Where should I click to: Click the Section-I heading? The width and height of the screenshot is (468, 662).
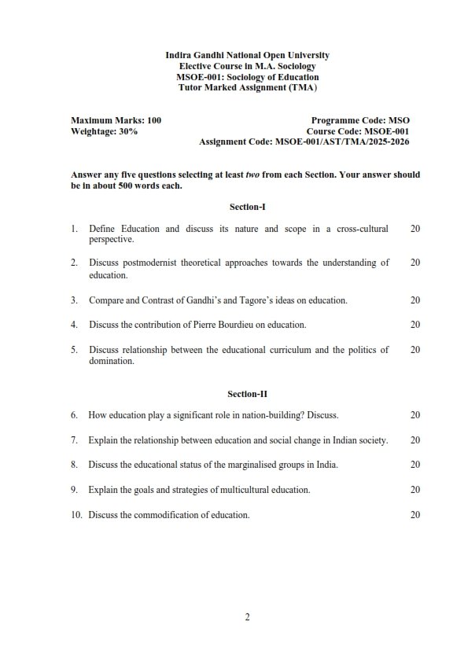tap(247, 207)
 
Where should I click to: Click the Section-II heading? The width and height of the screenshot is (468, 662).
tap(247, 393)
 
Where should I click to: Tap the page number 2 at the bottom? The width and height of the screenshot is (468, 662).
tap(247, 617)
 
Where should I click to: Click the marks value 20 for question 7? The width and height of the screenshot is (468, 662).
tap(415, 439)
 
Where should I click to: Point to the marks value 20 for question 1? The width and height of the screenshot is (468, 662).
tap(415, 229)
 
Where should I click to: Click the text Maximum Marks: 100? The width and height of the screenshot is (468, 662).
tap(116, 120)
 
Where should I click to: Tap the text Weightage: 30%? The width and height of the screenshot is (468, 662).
tap(105, 131)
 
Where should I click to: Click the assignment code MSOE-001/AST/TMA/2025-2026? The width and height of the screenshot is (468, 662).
tap(341, 142)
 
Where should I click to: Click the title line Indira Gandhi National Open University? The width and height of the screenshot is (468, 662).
tap(247, 56)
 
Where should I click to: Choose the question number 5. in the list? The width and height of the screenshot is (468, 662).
tap(74, 350)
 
